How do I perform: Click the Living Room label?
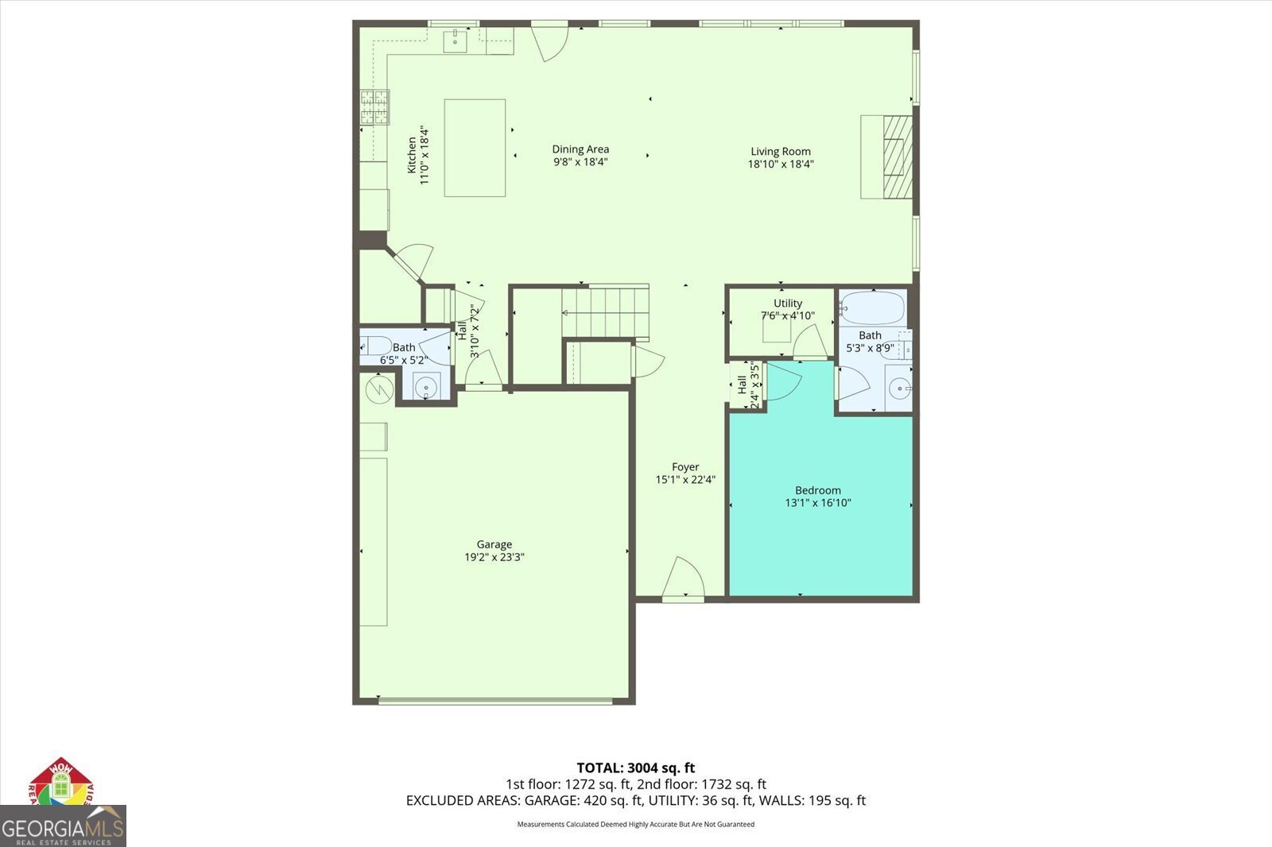click(x=780, y=151)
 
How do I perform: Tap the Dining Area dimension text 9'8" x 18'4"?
click(x=580, y=162)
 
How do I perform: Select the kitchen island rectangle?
click(x=475, y=148)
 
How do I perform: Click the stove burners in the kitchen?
click(x=375, y=107)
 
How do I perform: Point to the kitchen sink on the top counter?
click(x=455, y=40)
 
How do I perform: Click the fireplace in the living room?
click(x=896, y=157)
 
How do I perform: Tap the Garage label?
click(x=494, y=544)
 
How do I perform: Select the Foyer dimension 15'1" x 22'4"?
click(x=685, y=480)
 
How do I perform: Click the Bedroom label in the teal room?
click(x=817, y=490)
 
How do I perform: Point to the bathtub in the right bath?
click(x=872, y=307)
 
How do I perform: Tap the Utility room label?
click(x=787, y=303)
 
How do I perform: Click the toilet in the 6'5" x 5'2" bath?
click(x=375, y=346)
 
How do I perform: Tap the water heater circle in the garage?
click(x=378, y=389)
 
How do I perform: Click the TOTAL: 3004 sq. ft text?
click(x=635, y=768)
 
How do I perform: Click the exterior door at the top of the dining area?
click(x=549, y=41)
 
